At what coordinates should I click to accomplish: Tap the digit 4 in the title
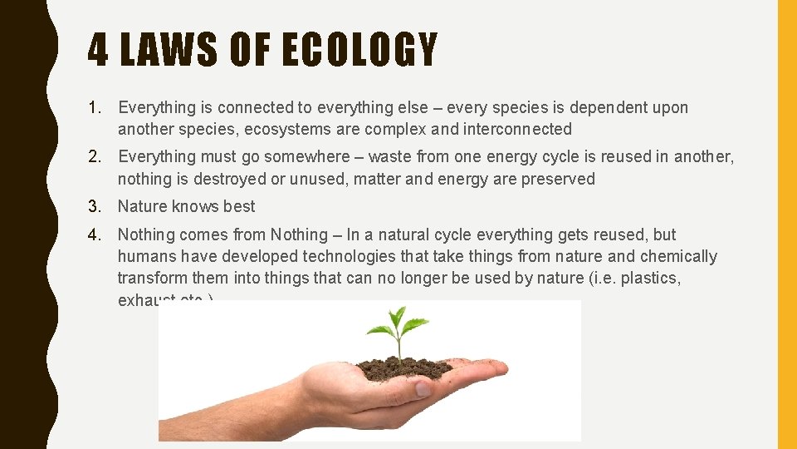(x=98, y=50)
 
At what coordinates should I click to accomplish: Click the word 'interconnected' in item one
(x=520, y=129)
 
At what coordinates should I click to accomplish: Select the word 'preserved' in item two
(x=558, y=179)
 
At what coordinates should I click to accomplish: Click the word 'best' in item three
(x=239, y=206)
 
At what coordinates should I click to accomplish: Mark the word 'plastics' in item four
(x=652, y=279)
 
